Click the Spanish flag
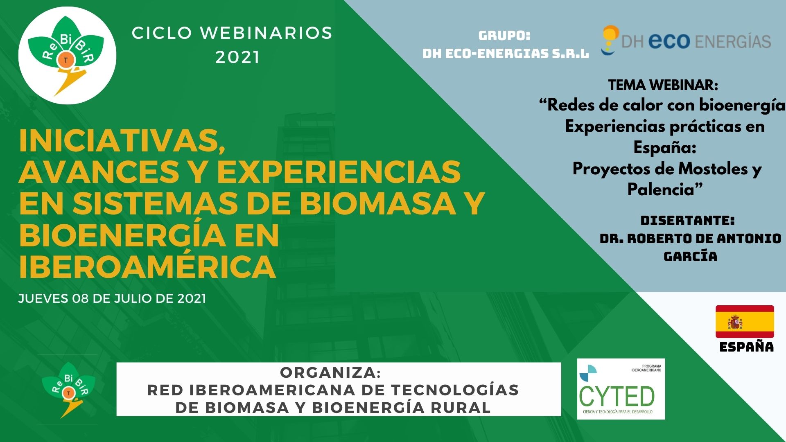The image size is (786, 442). point(745,322)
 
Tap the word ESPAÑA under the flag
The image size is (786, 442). point(746,347)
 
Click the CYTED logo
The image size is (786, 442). point(621,389)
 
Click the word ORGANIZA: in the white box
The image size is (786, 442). point(330,372)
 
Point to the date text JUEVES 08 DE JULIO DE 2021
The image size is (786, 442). point(112,298)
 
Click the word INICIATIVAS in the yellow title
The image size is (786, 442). point(122,142)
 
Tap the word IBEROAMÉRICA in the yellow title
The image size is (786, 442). point(147,267)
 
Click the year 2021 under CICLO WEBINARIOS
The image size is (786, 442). point(237,58)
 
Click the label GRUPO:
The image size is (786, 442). point(504,36)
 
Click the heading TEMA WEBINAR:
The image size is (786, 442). point(663,85)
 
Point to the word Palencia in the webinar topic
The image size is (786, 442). point(661,189)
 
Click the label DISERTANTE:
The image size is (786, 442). point(688,221)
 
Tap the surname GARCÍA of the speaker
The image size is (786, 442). point(690,256)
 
